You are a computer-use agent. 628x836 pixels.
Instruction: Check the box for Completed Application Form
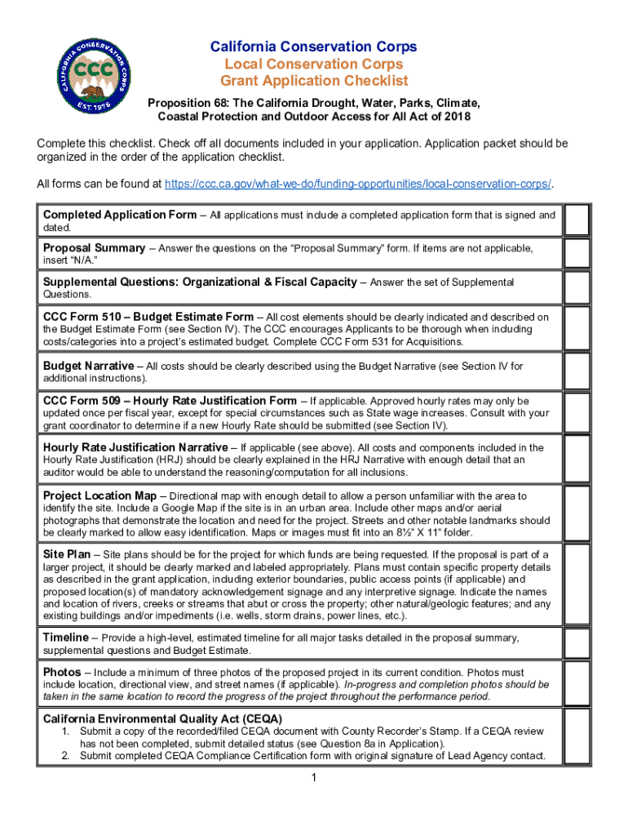(576, 220)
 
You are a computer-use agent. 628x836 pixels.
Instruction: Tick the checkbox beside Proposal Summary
(576, 254)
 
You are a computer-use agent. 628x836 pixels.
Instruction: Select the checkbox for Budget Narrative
(576, 372)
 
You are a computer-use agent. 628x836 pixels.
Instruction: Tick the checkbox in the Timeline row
(576, 643)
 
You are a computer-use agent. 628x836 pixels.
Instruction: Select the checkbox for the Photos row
(576, 684)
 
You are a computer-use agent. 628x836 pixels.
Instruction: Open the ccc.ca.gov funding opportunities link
(358, 184)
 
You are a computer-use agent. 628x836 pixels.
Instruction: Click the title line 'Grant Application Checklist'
(314, 81)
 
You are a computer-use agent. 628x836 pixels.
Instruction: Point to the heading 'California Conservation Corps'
(314, 47)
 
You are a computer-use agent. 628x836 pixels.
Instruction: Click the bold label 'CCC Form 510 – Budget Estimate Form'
(148, 317)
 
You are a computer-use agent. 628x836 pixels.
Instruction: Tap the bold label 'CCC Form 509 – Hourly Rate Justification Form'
(170, 401)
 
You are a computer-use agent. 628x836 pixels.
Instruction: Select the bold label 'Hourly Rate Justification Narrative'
(135, 447)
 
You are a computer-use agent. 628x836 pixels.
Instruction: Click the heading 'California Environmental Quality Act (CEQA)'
(162, 718)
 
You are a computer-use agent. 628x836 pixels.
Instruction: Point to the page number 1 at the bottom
(313, 778)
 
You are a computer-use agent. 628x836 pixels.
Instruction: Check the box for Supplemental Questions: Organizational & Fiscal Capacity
(576, 288)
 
